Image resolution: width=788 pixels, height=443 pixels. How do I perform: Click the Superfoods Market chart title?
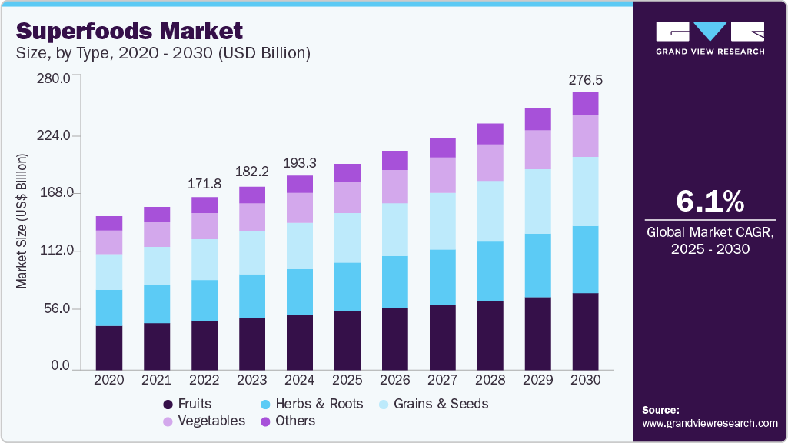pyautogui.click(x=129, y=31)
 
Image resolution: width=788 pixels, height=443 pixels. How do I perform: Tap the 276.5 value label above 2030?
pyautogui.click(x=584, y=80)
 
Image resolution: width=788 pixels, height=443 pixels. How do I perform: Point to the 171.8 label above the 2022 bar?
pyautogui.click(x=204, y=185)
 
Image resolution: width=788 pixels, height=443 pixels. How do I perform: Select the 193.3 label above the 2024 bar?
pyautogui.click(x=300, y=163)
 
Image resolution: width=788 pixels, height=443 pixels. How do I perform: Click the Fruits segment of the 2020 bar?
pyautogui.click(x=109, y=348)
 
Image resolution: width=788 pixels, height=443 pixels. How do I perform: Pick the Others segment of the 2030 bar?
pyautogui.click(x=585, y=104)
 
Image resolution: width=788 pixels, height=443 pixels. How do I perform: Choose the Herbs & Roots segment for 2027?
pyautogui.click(x=443, y=277)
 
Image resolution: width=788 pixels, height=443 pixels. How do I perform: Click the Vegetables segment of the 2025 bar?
pyautogui.click(x=347, y=197)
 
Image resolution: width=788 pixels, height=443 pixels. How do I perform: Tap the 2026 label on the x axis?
pyautogui.click(x=395, y=380)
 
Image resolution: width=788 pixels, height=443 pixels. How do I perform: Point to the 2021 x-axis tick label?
pyautogui.click(x=157, y=380)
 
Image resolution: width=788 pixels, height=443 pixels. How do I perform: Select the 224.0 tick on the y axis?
pyautogui.click(x=55, y=135)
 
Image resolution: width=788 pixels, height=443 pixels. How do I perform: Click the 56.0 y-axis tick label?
pyautogui.click(x=58, y=309)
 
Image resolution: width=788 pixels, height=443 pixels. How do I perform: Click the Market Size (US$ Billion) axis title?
pyautogui.click(x=22, y=221)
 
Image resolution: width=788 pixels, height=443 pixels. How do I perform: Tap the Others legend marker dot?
pyautogui.click(x=264, y=421)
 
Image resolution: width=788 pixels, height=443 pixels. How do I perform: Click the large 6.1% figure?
pyautogui.click(x=710, y=202)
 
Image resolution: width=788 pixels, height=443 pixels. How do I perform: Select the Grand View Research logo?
pyautogui.click(x=710, y=38)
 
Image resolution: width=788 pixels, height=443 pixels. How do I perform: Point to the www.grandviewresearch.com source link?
pyautogui.click(x=710, y=423)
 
